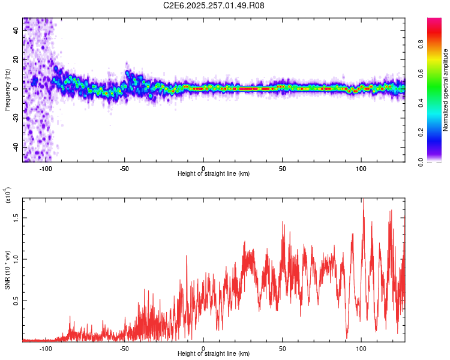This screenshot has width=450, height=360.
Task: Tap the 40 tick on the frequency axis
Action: pos(16,29)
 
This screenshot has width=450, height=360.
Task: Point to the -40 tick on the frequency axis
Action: pos(16,147)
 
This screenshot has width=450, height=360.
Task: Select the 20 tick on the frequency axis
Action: pos(16,59)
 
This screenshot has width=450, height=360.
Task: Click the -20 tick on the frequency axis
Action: pos(16,118)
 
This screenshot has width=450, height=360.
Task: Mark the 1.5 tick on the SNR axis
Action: pos(16,218)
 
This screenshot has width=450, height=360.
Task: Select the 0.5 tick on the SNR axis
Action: pos(16,301)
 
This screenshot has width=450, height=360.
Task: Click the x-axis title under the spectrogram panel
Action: pos(214,173)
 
